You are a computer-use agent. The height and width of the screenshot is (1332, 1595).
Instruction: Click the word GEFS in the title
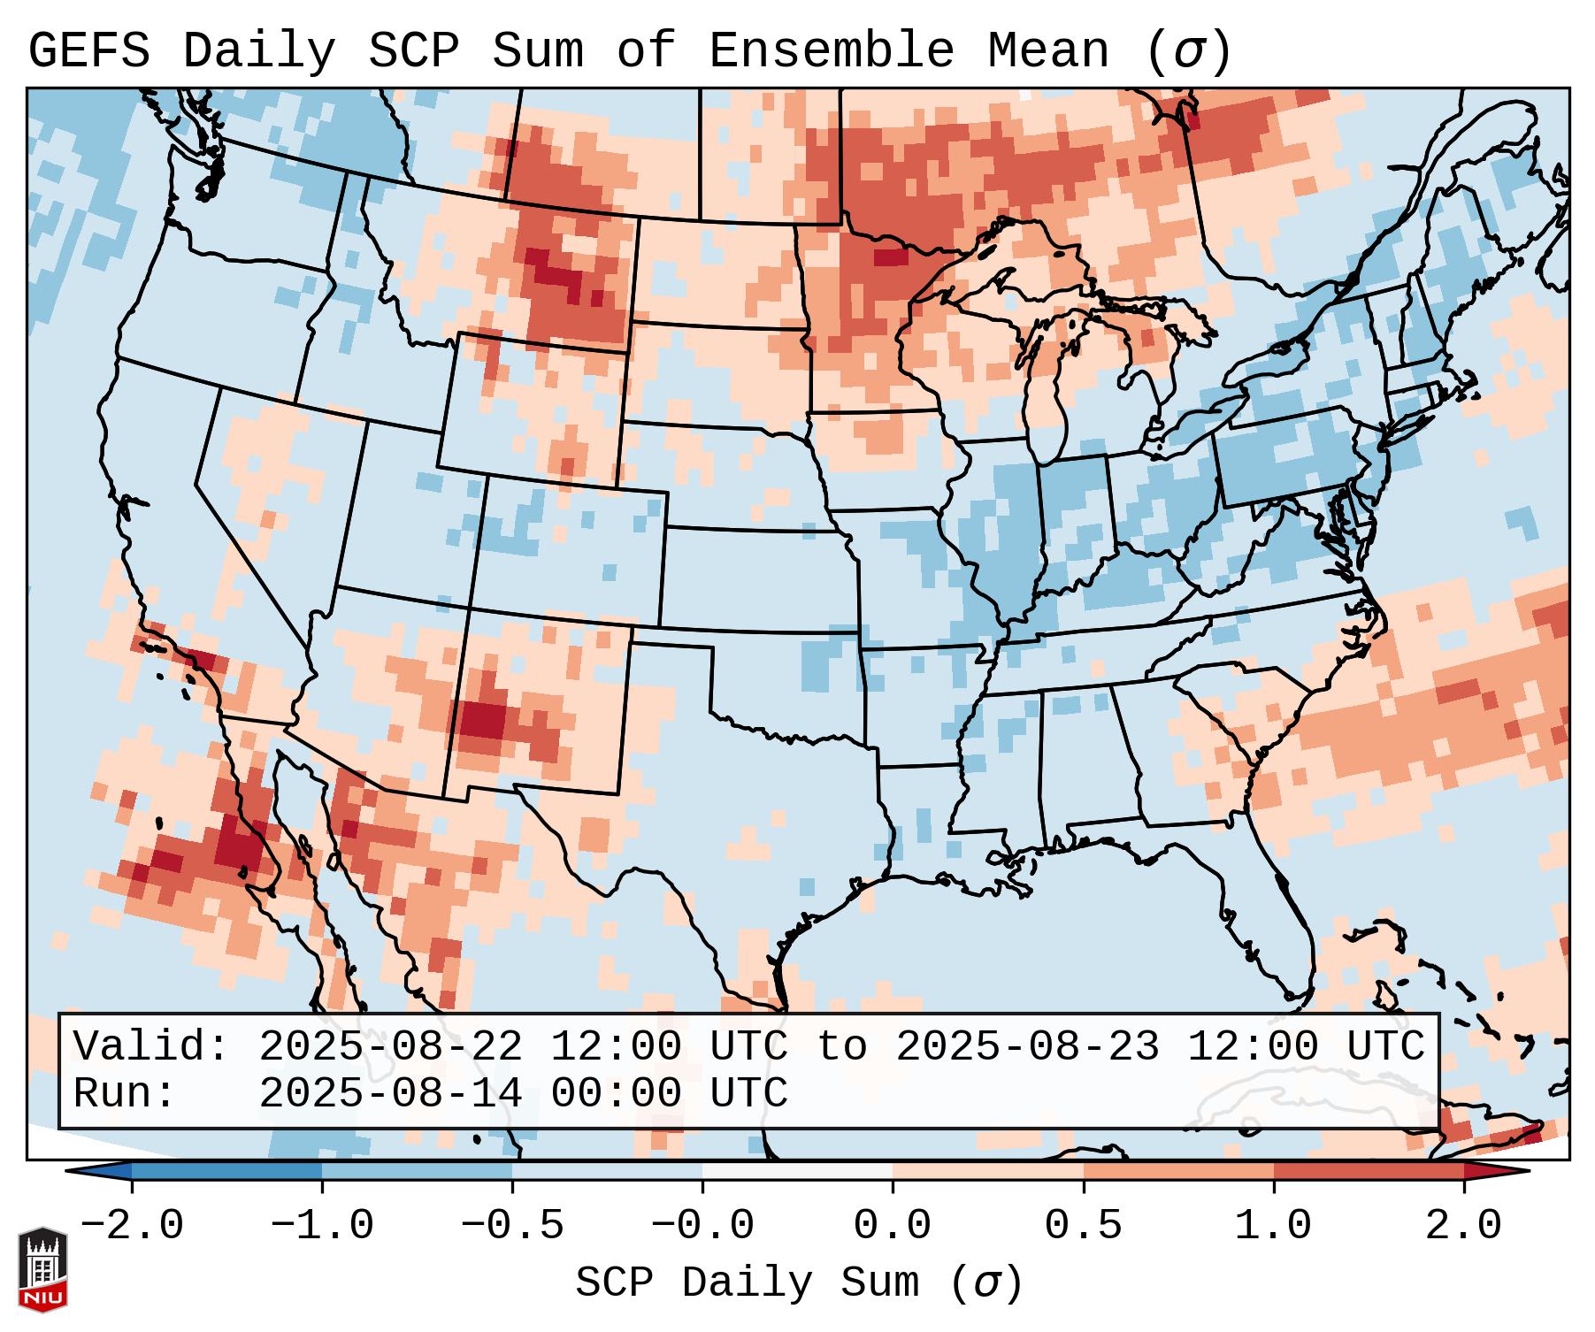88,51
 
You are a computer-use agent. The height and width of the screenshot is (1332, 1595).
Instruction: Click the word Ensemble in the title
831,51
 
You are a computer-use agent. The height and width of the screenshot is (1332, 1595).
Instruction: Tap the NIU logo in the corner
42,1268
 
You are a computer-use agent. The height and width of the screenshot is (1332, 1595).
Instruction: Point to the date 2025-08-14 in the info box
390,1093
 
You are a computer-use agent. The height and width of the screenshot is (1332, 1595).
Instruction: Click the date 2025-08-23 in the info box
1027,1046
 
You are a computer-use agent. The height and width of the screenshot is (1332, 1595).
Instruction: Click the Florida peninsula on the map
1287,938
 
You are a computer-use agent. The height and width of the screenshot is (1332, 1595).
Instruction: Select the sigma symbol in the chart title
1187,51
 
